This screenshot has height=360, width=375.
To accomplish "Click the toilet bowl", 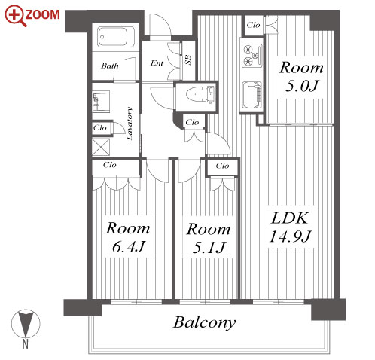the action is click(195, 95).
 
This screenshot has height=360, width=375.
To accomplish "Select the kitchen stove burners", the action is click(252, 56).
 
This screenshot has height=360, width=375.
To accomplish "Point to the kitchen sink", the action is click(252, 96).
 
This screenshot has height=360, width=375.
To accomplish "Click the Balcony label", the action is click(205, 322).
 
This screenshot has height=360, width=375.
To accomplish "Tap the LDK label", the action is click(289, 218).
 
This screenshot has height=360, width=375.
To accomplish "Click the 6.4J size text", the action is click(128, 247).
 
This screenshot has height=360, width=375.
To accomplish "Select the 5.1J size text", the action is click(209, 248).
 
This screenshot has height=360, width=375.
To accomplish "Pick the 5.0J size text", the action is click(301, 86).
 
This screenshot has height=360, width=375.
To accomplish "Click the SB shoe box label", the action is click(187, 60).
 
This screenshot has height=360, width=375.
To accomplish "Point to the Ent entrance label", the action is click(157, 63).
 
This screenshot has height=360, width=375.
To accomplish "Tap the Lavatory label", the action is click(129, 124).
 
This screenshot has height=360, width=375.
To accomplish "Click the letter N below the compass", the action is click(26, 343).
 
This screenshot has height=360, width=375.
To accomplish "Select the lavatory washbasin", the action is click(101, 102).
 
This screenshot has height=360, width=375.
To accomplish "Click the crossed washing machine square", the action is click(101, 147).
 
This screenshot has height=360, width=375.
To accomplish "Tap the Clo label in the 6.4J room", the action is click(110, 165).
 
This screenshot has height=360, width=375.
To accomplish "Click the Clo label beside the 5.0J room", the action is click(253, 25).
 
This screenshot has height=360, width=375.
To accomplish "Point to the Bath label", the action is click(110, 66).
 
